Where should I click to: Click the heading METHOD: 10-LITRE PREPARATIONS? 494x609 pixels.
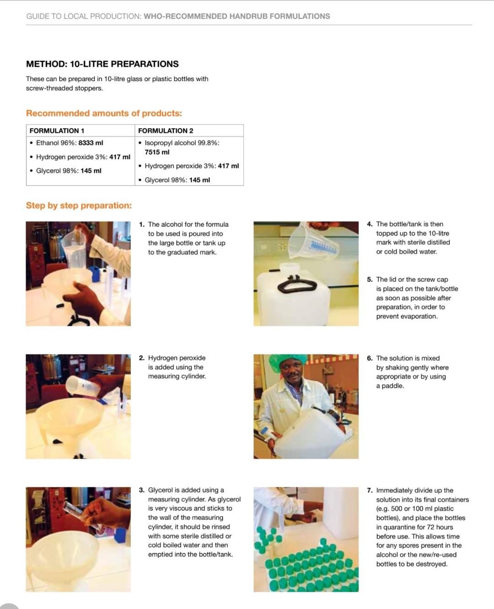tap(102, 64)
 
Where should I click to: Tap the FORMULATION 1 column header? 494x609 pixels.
tap(57, 131)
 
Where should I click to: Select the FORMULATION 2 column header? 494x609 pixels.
tap(166, 131)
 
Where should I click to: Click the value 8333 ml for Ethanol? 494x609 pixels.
tap(91, 143)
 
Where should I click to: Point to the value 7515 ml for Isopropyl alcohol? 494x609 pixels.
tap(157, 152)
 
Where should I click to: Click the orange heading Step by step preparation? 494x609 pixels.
tap(79, 205)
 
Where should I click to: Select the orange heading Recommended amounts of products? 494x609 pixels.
tap(104, 113)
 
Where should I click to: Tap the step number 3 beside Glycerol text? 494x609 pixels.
tap(141, 490)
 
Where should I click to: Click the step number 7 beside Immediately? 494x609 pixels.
tap(370, 490)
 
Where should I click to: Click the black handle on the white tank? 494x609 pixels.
tap(297, 285)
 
